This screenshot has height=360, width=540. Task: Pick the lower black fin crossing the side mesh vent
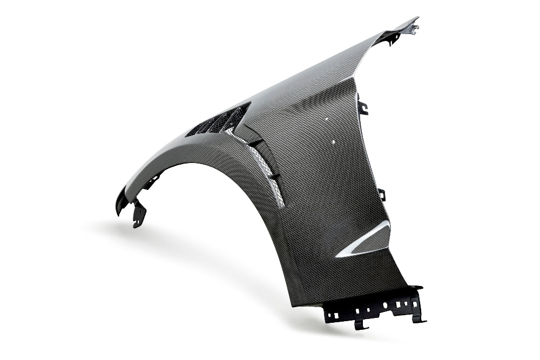(274, 176)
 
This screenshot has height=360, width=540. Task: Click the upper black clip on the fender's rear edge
(362, 107)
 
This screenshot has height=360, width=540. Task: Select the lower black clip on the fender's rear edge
(382, 194)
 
